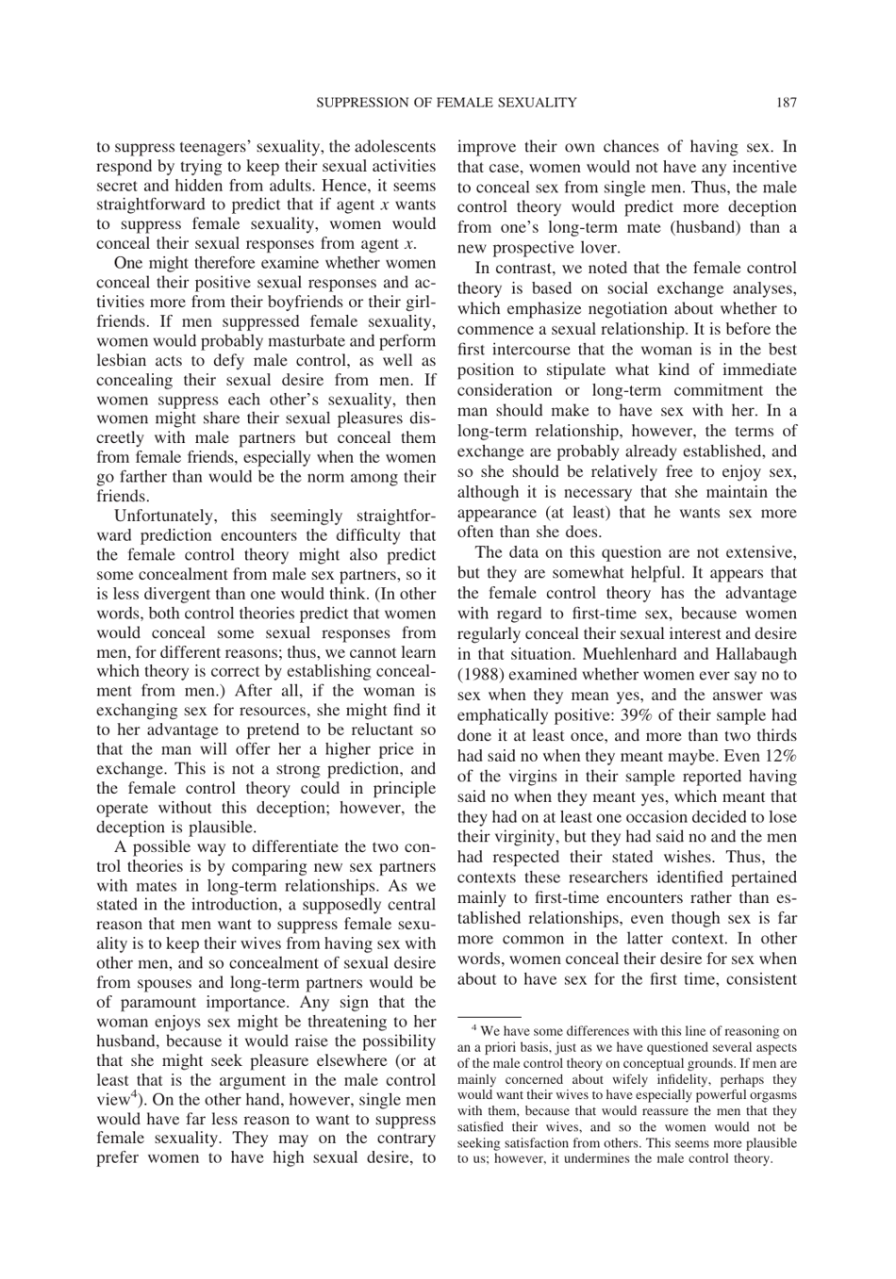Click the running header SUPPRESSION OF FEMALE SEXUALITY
[445, 102]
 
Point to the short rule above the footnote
[489, 1017]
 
